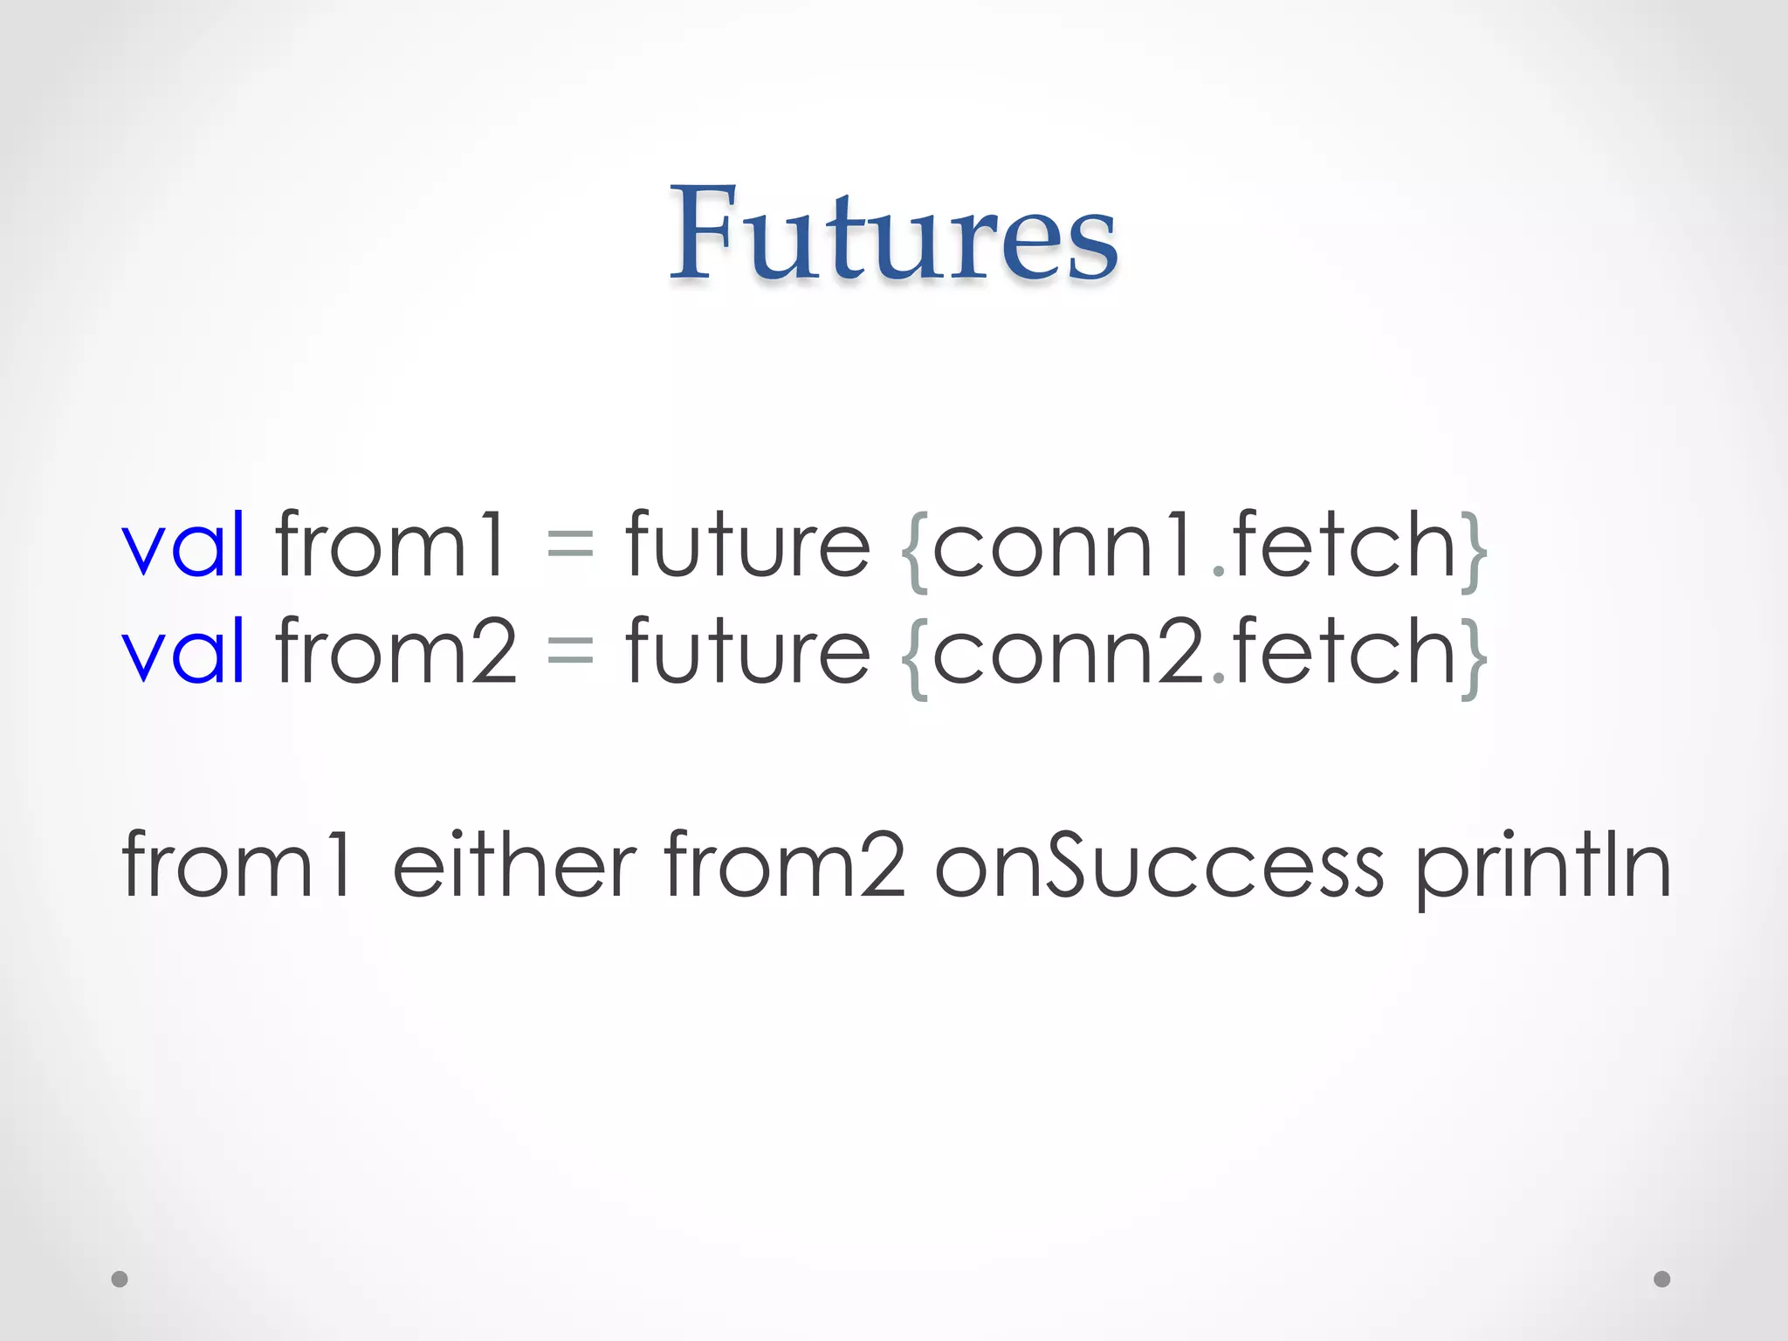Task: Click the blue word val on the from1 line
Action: click(x=183, y=546)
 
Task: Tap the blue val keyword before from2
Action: click(x=183, y=651)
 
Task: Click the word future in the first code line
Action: click(x=748, y=546)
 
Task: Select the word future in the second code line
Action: click(x=748, y=651)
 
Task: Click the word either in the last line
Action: click(x=515, y=864)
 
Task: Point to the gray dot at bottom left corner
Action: click(x=120, y=1279)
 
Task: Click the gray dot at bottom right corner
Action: click(x=1661, y=1279)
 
